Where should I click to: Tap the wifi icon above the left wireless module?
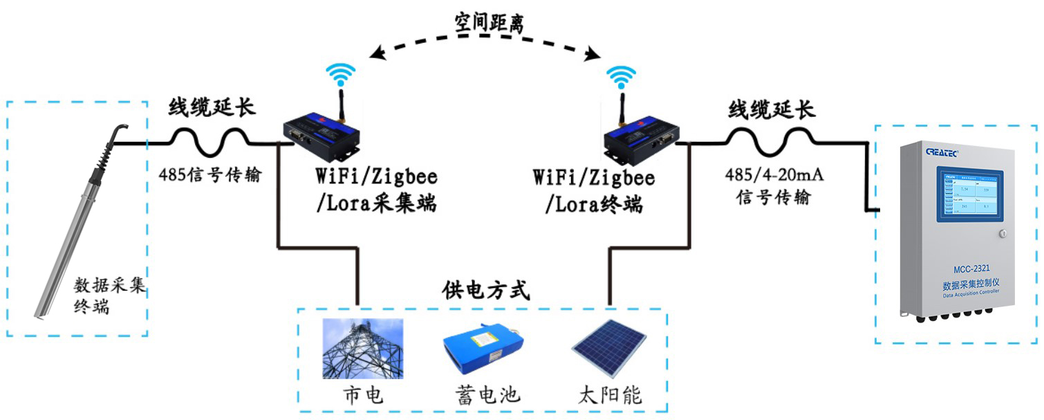point(341,73)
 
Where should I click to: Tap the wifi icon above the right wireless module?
point(621,74)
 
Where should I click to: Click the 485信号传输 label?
point(210,175)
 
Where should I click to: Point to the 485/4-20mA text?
point(774,175)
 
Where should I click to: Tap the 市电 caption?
point(363,395)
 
